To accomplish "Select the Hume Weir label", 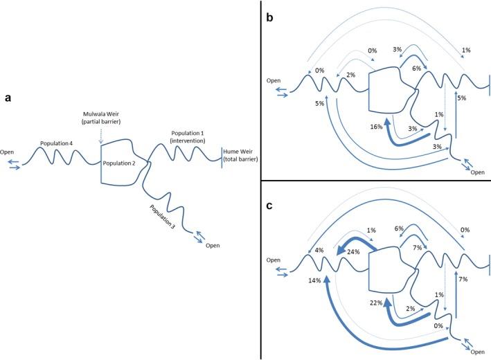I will pyautogui.click(x=241, y=155).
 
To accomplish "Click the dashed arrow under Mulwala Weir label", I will pyautogui.click(x=100, y=135).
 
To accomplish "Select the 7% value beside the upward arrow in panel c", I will pyautogui.click(x=463, y=279).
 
